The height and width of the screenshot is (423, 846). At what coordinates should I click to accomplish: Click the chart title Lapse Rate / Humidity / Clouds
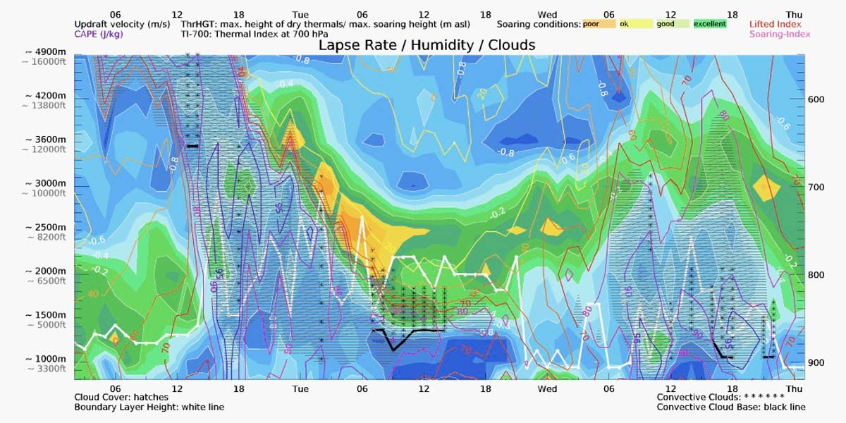point(427,44)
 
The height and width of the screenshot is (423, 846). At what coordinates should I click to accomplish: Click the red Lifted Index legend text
point(775,24)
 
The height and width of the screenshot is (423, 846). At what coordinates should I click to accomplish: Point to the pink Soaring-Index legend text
point(780,34)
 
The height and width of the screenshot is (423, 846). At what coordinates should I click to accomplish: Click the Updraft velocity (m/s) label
point(122,24)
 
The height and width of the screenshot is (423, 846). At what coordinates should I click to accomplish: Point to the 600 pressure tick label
point(816,99)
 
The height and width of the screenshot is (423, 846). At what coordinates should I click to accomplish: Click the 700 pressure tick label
point(816,187)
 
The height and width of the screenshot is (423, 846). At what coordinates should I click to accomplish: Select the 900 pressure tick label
point(816,363)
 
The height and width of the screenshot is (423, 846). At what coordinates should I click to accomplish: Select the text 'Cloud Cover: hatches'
point(121,397)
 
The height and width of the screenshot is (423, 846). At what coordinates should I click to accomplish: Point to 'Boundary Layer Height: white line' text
point(149,407)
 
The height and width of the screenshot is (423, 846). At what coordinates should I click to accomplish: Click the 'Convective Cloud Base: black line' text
point(731,407)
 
